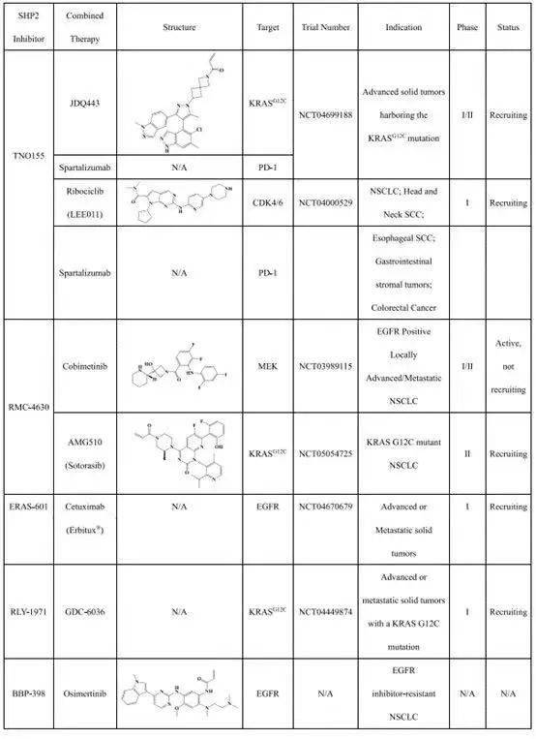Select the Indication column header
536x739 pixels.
(x=403, y=28)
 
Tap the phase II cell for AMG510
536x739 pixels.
(x=467, y=453)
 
